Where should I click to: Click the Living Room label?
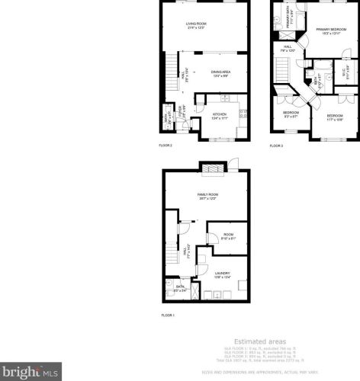click(196, 25)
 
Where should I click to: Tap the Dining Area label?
click(221, 73)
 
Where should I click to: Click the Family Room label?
click(208, 197)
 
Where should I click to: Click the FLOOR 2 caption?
click(166, 145)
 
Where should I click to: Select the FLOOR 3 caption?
click(276, 145)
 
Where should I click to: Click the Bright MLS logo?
click(29, 373)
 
